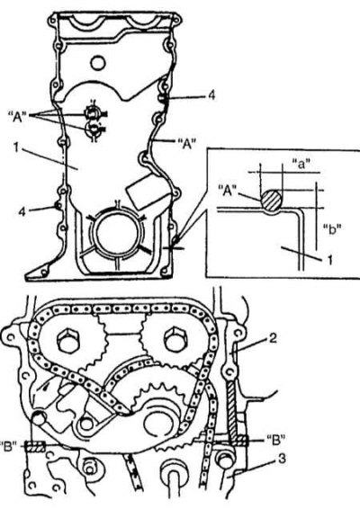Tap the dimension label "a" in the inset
click(x=301, y=165)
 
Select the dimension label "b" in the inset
click(x=332, y=229)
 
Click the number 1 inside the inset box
click(x=329, y=260)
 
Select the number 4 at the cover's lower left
click(x=22, y=211)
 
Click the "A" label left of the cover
click(x=17, y=116)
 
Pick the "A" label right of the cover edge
click(x=187, y=143)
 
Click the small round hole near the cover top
click(x=97, y=63)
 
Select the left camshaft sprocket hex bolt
click(x=70, y=342)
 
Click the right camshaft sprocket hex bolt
click(x=177, y=341)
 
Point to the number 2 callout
click(x=273, y=338)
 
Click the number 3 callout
click(x=282, y=459)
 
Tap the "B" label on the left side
click(x=8, y=446)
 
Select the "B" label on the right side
click(x=275, y=440)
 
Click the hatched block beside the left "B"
click(x=35, y=447)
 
